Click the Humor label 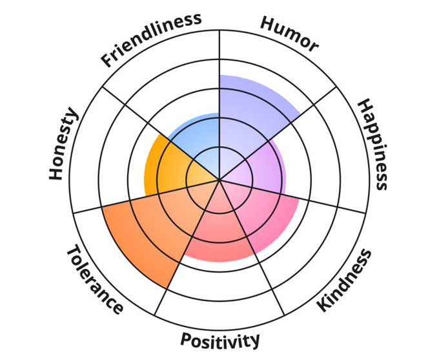tap(289, 34)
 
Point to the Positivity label tap(220, 339)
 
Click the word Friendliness tap(150, 39)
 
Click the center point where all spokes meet tap(219, 180)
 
